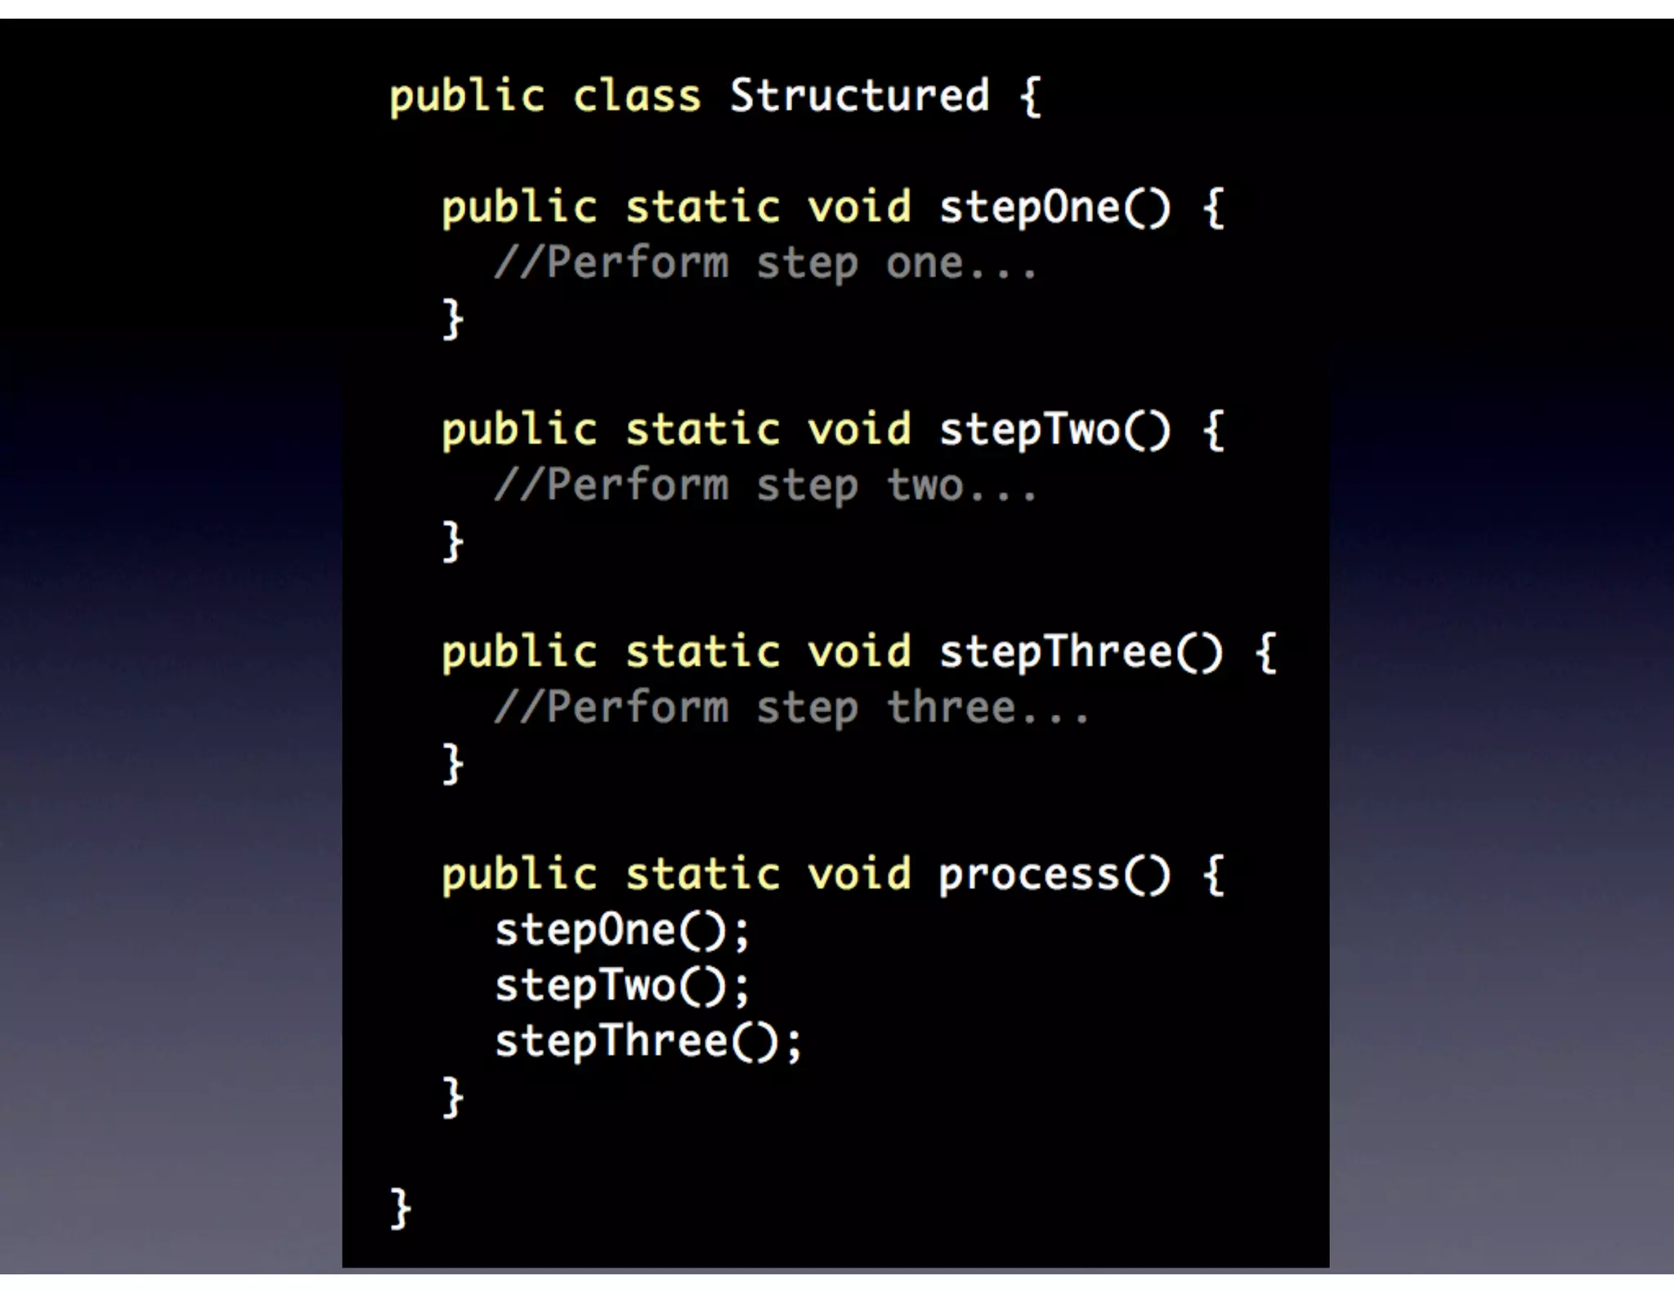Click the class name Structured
(859, 96)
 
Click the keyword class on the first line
(637, 96)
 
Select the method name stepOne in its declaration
(1028, 208)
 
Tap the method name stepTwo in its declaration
(1028, 430)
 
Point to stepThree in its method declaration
(1054, 652)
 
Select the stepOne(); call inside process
(621, 930)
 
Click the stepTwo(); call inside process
(621, 986)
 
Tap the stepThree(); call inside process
(647, 1041)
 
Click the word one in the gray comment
(924, 263)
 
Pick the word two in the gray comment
(924, 485)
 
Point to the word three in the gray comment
(951, 708)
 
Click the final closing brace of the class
(400, 1208)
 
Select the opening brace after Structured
(1031, 96)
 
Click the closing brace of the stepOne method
(452, 319)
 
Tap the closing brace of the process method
(452, 1097)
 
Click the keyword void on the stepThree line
(859, 652)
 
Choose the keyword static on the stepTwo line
(702, 430)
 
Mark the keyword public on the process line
(519, 875)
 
